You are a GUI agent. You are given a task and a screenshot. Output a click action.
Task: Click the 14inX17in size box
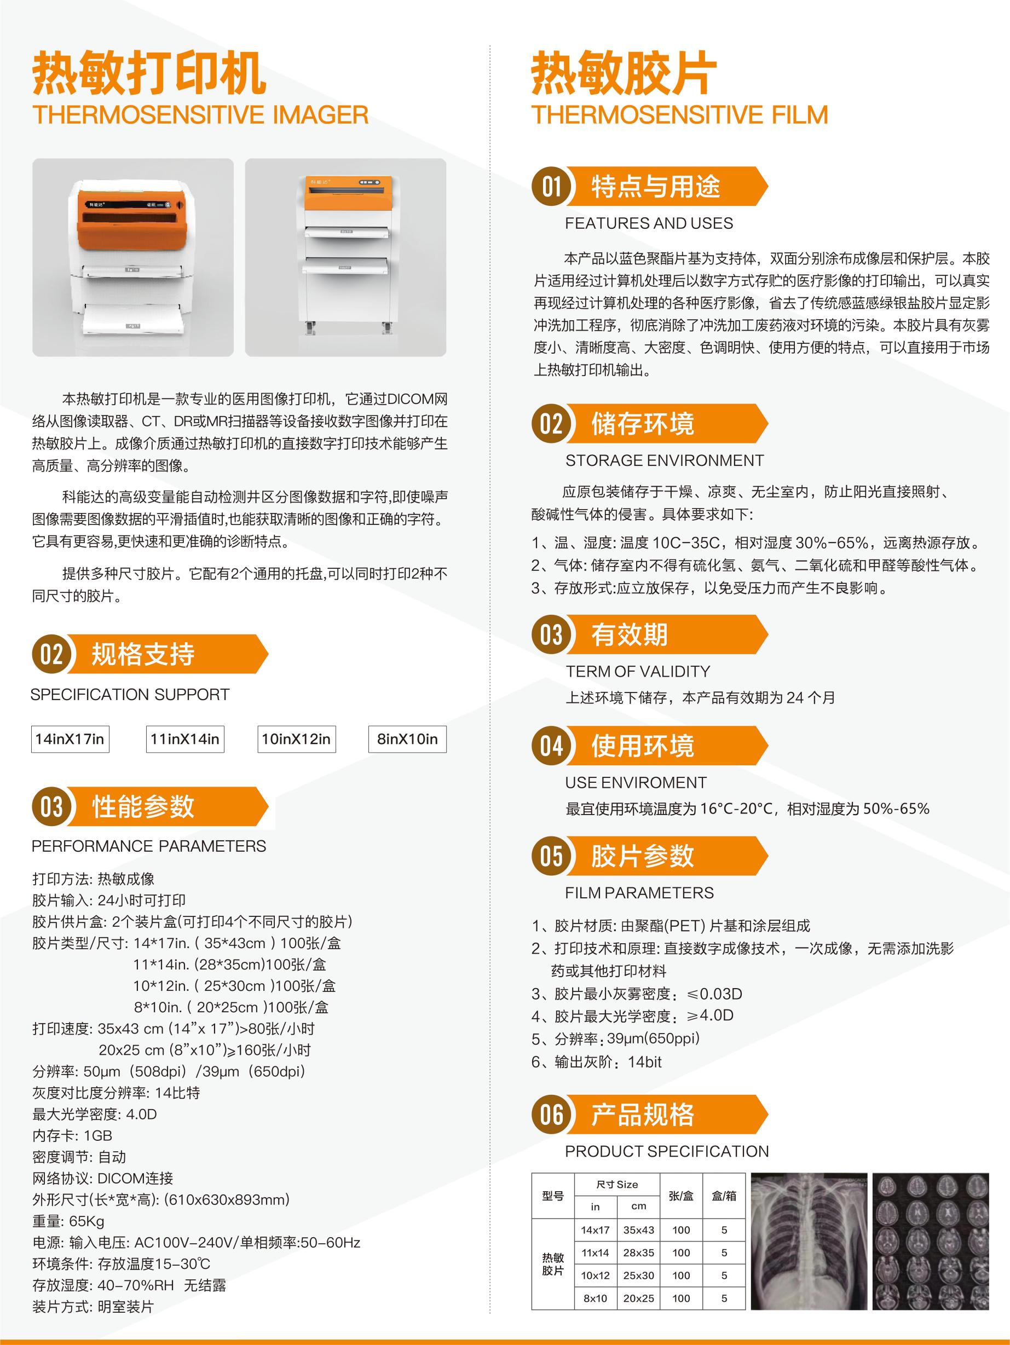[70, 739]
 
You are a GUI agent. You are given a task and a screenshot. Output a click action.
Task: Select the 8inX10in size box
[407, 739]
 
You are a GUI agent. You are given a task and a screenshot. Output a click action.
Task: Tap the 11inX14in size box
[185, 739]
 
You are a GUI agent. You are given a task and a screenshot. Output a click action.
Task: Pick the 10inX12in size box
[296, 739]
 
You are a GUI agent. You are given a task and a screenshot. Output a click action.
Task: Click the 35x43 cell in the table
[638, 1229]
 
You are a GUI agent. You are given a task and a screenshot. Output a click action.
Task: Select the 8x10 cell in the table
[595, 1298]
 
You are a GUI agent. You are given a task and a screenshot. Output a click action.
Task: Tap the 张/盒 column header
[681, 1196]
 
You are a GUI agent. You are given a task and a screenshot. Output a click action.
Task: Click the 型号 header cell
[553, 1196]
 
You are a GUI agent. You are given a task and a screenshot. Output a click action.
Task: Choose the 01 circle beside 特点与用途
[551, 186]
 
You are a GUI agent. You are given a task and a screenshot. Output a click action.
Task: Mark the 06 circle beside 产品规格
[551, 1115]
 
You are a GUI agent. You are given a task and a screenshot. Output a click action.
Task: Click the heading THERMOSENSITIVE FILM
[680, 115]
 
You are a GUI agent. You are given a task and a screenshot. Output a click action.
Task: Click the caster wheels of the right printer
[347, 328]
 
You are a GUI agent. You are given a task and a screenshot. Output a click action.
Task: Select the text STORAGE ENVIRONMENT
[665, 460]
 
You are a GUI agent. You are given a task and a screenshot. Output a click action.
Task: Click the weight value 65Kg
[86, 1221]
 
